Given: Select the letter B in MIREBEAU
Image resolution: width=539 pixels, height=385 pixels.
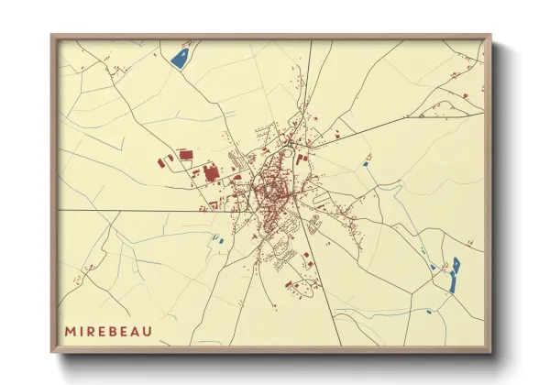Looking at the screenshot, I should (120, 329).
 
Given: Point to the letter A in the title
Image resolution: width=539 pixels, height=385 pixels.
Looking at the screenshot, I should (146, 329).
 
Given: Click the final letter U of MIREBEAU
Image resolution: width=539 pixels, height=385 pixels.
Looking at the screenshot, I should (159, 329).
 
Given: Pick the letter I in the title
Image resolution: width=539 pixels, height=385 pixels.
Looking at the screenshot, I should (82, 329).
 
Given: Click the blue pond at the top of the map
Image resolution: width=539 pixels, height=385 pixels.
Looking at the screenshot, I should (181, 57).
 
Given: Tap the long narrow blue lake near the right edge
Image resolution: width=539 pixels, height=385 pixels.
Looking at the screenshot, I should (456, 273).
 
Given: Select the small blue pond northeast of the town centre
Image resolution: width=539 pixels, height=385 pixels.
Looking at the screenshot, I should (368, 161).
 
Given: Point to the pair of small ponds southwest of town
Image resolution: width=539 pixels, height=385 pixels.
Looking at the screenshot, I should (218, 240).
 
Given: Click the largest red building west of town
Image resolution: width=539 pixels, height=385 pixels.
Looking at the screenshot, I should (211, 172).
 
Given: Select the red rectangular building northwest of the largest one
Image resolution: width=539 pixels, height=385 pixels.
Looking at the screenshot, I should (185, 155).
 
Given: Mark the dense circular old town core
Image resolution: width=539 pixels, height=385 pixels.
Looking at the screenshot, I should (270, 190).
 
